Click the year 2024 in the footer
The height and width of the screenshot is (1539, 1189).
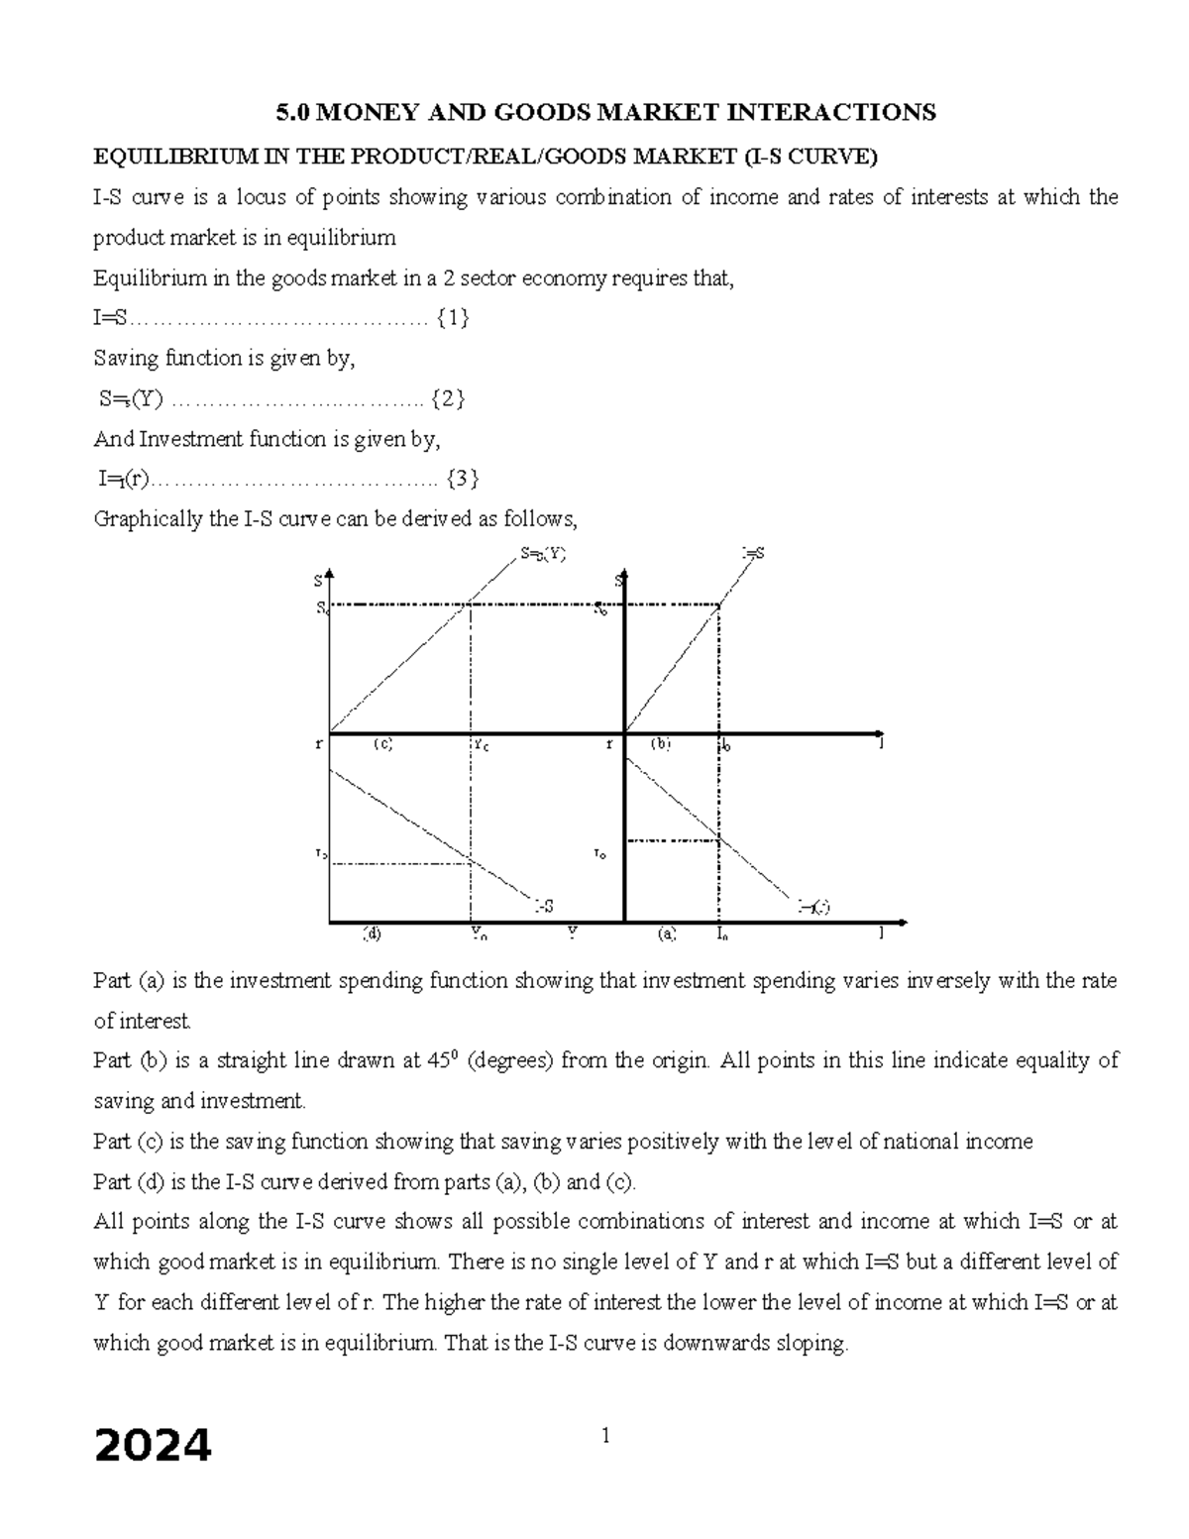click(x=153, y=1446)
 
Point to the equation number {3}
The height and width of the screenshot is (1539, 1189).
click(x=463, y=480)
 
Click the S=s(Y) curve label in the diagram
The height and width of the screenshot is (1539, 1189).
click(x=543, y=555)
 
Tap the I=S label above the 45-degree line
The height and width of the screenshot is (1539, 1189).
click(x=753, y=554)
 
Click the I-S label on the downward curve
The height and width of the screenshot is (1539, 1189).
click(x=544, y=906)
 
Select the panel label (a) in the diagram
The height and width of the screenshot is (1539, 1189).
click(x=667, y=934)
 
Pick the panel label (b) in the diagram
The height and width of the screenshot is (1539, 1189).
click(x=661, y=744)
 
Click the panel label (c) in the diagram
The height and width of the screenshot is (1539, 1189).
click(x=383, y=744)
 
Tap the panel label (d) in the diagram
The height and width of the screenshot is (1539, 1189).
click(x=372, y=934)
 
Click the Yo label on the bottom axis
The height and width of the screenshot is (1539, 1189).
click(x=479, y=934)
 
